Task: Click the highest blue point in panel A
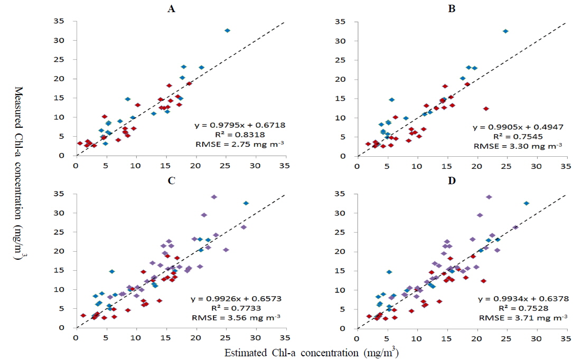click(x=227, y=31)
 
